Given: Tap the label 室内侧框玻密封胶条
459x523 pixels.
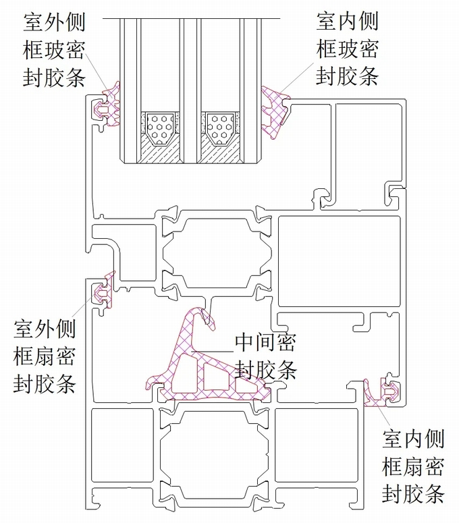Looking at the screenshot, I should (x=347, y=48).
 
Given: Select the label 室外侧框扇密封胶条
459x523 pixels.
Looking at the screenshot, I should (x=45, y=356).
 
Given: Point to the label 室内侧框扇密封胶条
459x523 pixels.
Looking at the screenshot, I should (x=413, y=466).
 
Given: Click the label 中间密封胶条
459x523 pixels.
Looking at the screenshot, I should (x=265, y=356).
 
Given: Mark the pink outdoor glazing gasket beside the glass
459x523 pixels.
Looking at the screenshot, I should (x=111, y=105).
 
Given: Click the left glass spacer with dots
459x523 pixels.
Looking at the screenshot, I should (x=161, y=127).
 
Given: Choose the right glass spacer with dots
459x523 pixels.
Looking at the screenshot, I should (x=220, y=127).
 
